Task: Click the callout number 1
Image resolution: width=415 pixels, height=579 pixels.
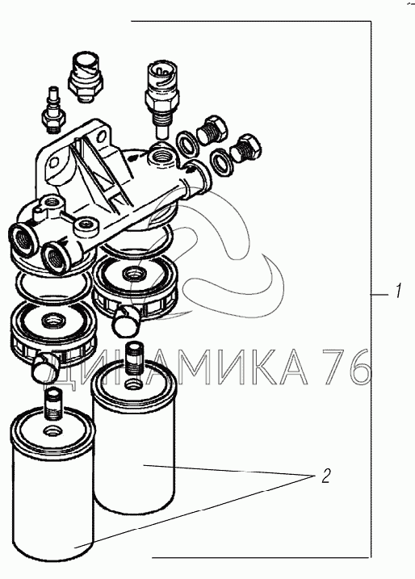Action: [397, 292]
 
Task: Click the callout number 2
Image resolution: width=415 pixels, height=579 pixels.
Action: [325, 476]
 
